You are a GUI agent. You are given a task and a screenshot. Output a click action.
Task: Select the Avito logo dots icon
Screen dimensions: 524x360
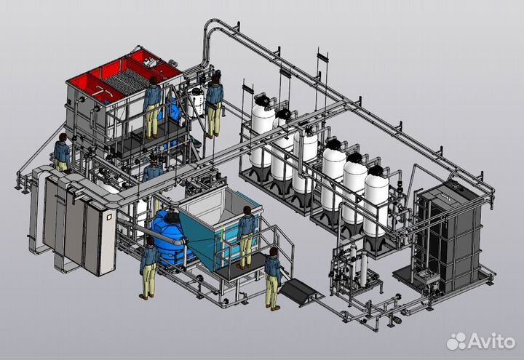click(x=456, y=341)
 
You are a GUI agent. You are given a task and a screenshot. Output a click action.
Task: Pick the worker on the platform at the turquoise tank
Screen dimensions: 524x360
click(x=246, y=237)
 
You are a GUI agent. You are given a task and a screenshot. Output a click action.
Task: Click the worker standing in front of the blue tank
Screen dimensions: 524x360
click(x=148, y=268)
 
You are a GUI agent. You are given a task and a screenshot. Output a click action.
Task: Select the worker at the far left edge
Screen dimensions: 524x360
click(x=62, y=152)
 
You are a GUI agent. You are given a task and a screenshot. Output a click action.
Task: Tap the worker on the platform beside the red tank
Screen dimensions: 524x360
click(x=152, y=108)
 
